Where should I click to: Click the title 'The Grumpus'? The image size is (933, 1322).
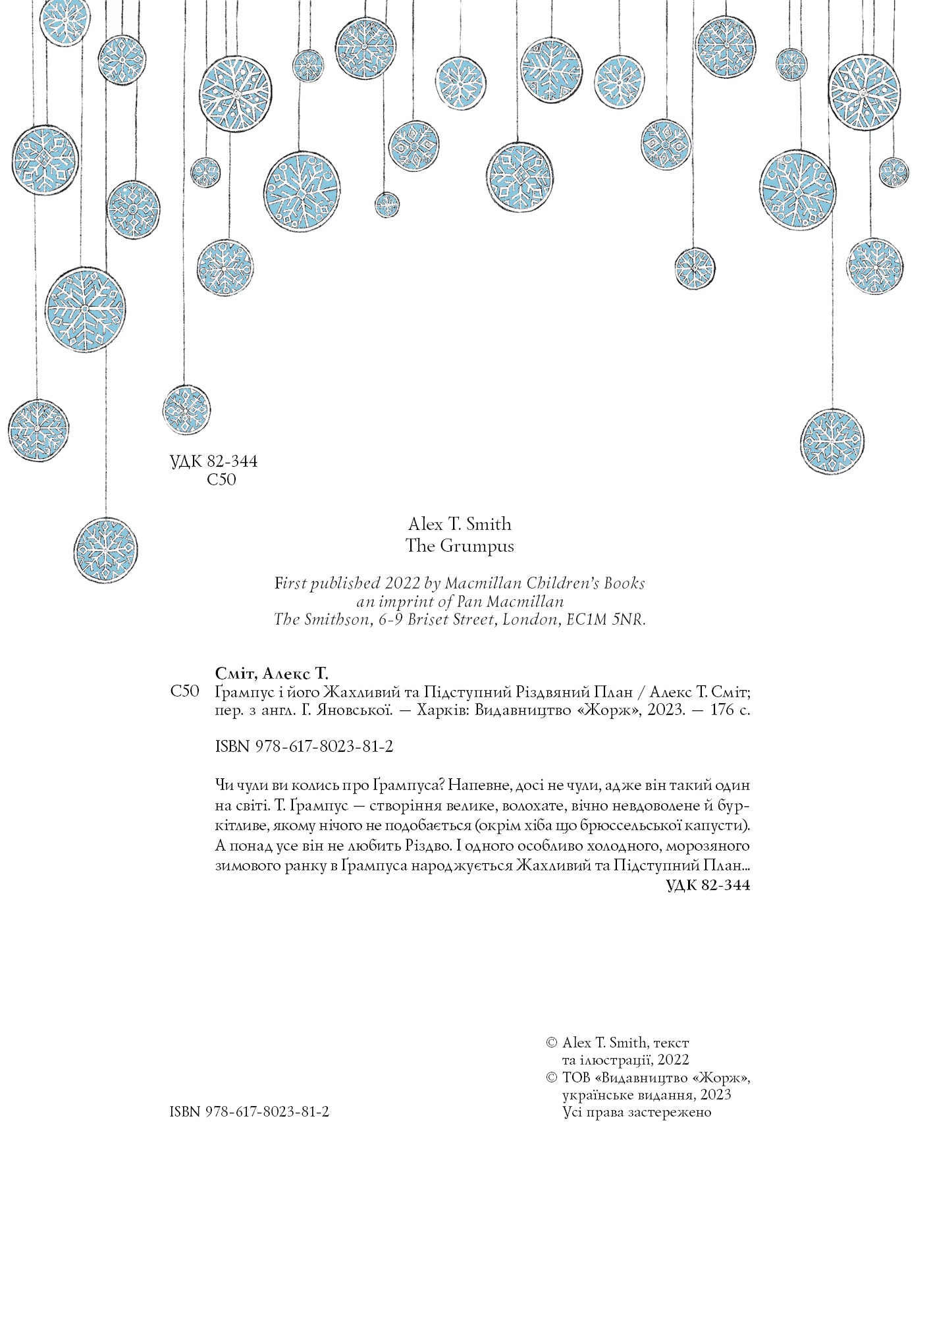460,546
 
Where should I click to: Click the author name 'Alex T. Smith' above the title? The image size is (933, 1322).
460,524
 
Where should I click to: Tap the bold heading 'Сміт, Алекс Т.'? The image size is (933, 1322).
271,673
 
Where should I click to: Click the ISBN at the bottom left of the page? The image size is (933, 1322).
249,1111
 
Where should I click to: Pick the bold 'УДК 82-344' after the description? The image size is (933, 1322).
708,886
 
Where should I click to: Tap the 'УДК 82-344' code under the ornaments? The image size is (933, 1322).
213,462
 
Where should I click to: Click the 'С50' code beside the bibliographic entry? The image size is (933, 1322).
184,692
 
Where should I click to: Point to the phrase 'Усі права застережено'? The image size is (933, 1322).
637,1112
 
